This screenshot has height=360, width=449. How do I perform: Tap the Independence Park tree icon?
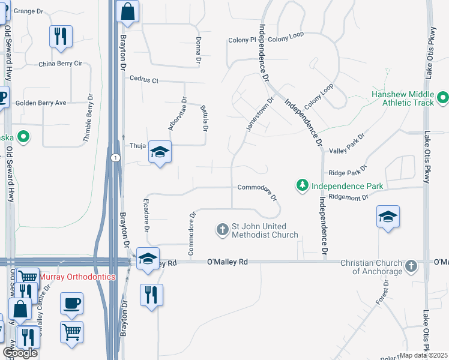304,186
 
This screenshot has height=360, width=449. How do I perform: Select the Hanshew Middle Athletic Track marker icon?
443,97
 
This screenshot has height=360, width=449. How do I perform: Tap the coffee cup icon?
72,303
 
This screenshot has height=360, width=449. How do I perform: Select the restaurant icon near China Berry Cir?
61,36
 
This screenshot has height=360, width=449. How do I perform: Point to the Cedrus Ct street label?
144,79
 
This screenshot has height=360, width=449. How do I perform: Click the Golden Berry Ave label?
41,103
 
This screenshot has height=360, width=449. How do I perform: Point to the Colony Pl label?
242,40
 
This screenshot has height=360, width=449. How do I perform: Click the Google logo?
19,353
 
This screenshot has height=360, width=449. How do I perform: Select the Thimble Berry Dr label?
89,119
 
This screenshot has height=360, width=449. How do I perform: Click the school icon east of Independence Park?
388,217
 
